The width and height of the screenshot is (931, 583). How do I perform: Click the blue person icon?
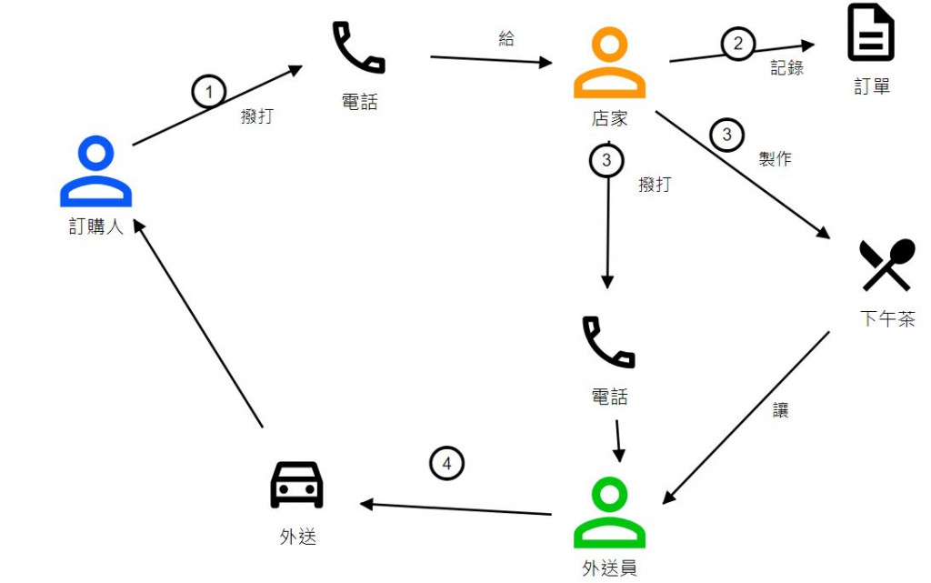coord(95,171)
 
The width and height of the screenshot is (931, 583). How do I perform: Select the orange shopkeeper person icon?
coord(609,64)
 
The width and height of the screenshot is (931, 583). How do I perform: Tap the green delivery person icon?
coord(609,514)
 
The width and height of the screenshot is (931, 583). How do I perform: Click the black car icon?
coord(297,485)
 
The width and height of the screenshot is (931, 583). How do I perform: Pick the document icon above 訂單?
coord(871,33)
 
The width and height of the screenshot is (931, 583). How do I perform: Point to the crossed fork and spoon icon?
coord(886,265)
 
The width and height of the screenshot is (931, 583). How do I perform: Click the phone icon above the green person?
coord(608,343)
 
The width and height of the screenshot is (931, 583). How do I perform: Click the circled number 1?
coord(208,91)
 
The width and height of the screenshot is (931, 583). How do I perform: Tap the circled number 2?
coord(738,43)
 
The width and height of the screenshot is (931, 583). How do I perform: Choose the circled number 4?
coord(445,464)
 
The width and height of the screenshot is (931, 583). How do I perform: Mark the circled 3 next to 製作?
coord(726,136)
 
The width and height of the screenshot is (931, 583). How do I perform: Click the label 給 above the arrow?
coord(506,38)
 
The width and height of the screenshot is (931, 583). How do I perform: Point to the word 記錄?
coord(787,67)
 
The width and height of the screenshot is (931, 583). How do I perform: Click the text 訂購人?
coord(95,226)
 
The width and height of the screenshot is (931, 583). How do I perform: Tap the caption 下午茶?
coord(887,319)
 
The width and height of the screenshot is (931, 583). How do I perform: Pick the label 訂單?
coord(872,86)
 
